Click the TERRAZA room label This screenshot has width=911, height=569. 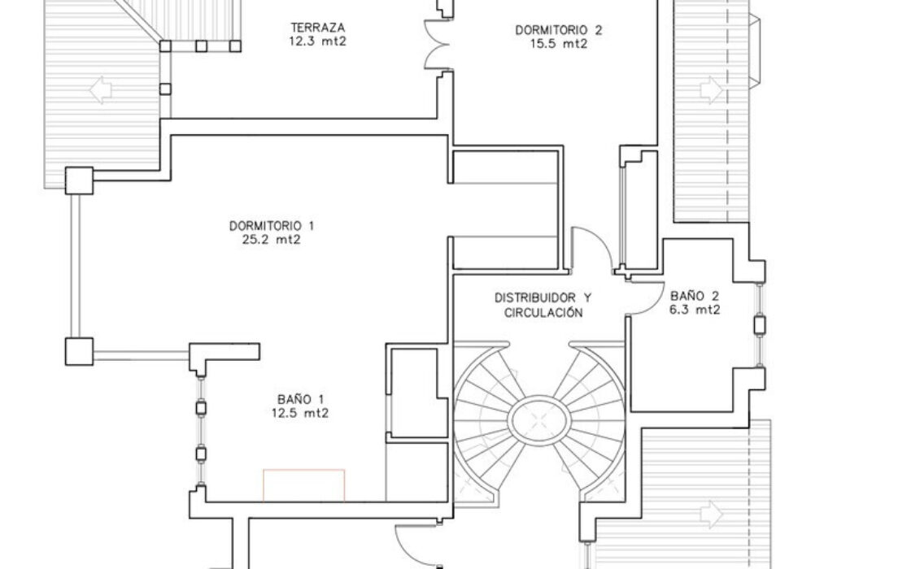coord(318,28)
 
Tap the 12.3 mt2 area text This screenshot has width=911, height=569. coord(317,41)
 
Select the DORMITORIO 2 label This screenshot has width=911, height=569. coord(558,30)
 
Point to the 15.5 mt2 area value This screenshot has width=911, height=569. coord(558,44)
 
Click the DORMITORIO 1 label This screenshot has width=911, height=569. coord(272,225)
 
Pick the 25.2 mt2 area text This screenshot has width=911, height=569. coord(272,240)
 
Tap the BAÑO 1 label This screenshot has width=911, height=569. coord(300,399)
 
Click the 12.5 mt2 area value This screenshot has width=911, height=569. coord(300,414)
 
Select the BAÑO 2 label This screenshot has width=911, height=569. coord(695,296)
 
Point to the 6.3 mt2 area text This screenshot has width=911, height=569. coord(695,310)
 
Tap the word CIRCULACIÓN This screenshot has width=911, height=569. coord(543,313)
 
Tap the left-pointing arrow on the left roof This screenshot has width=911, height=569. coord(101,90)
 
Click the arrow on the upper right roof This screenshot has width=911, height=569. coord(712,90)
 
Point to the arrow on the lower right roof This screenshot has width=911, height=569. coord(712,515)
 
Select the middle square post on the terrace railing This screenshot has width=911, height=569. coord(201,46)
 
